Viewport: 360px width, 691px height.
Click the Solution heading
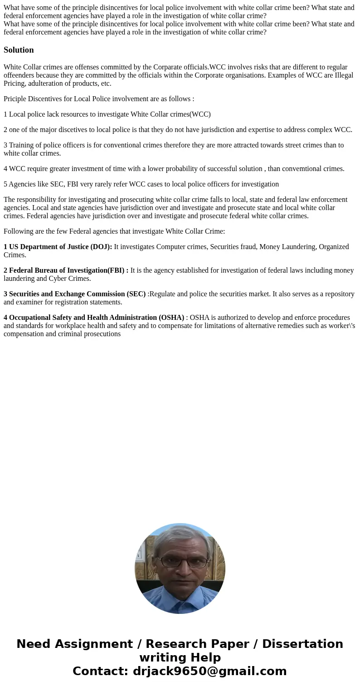(x=19, y=50)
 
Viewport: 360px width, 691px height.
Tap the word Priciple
(x=15, y=99)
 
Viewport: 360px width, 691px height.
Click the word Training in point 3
(x=22, y=145)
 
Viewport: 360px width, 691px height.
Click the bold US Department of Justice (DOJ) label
(x=58, y=247)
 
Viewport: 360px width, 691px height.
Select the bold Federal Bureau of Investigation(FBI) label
(x=66, y=270)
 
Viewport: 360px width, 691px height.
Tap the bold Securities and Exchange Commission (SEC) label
(x=74, y=294)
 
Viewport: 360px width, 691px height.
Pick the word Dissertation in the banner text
(x=302, y=644)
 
